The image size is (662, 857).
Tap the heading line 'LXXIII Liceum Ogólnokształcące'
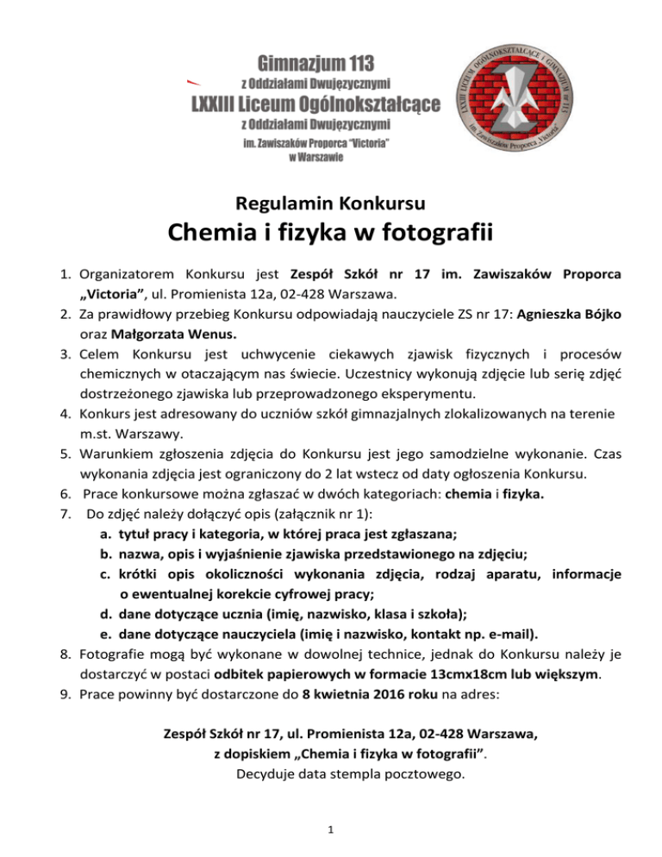[x=315, y=105]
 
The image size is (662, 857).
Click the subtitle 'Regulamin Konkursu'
[x=330, y=205]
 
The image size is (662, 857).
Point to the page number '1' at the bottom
[x=330, y=829]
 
